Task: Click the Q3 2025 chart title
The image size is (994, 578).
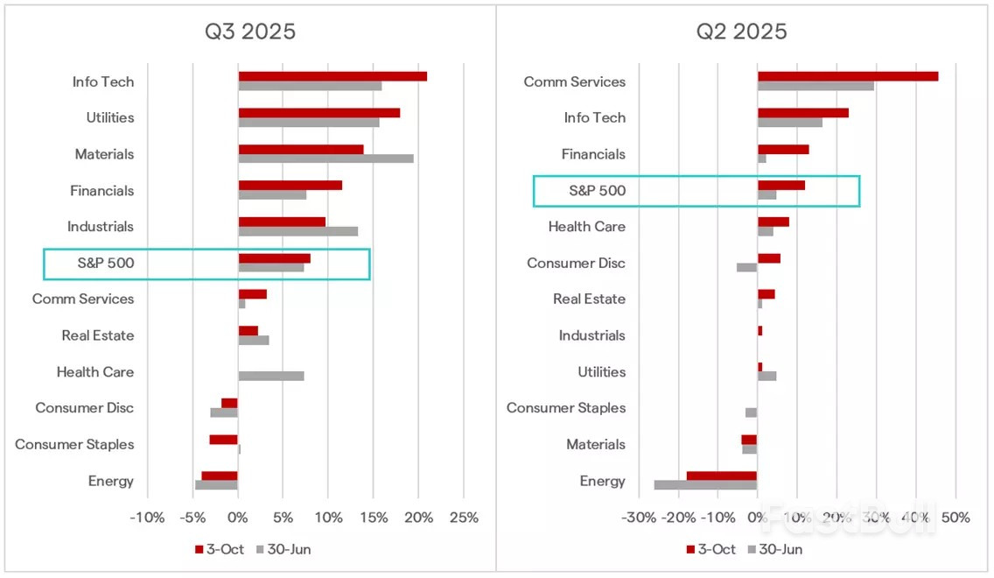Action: tap(250, 32)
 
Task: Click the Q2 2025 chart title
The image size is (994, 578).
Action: tap(741, 32)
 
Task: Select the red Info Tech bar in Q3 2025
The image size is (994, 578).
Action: tap(332, 76)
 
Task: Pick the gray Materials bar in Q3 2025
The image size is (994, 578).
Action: tap(325, 159)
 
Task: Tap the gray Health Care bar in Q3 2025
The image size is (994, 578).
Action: tap(271, 376)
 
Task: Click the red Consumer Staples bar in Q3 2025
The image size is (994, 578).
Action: tap(223, 440)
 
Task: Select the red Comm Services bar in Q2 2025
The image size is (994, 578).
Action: tap(847, 76)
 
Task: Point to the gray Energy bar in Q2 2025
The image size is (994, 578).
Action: tap(705, 484)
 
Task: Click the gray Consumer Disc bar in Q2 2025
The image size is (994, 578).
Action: tap(746, 267)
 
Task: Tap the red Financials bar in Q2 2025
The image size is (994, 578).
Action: tap(782, 149)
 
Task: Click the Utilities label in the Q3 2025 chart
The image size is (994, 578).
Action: tap(110, 118)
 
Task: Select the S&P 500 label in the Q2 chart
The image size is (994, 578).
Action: tap(598, 191)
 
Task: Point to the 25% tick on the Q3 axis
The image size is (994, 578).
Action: tap(464, 518)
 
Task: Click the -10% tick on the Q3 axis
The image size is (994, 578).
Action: tap(147, 518)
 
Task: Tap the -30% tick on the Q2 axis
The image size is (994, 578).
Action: tap(638, 518)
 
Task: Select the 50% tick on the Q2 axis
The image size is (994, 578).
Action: tap(955, 518)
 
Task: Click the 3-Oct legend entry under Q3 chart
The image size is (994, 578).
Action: tap(219, 550)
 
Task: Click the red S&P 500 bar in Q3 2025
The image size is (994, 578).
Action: tap(274, 258)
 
